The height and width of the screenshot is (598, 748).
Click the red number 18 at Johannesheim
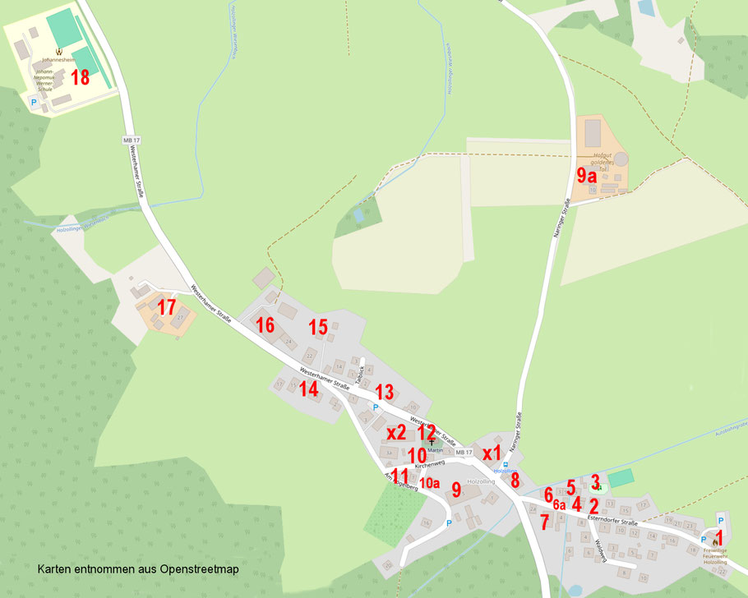pyautogui.click(x=80, y=78)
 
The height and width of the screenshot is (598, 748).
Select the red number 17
pyautogui.click(x=167, y=308)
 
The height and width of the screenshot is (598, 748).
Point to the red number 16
pyautogui.click(x=265, y=325)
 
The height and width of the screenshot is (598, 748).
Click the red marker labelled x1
pyautogui.click(x=492, y=453)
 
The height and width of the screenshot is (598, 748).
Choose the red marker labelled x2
pyautogui.click(x=396, y=432)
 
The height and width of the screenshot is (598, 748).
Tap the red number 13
pyautogui.click(x=385, y=393)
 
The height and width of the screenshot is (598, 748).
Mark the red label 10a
pyautogui.click(x=430, y=483)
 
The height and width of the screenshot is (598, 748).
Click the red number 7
pyautogui.click(x=544, y=522)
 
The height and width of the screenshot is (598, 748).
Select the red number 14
pyautogui.click(x=308, y=389)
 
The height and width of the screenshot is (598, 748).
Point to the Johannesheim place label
pyautogui.click(x=58, y=60)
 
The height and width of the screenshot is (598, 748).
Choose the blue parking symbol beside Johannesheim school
pyautogui.click(x=34, y=103)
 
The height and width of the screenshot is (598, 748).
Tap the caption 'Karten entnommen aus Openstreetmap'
pyautogui.click(x=138, y=568)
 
